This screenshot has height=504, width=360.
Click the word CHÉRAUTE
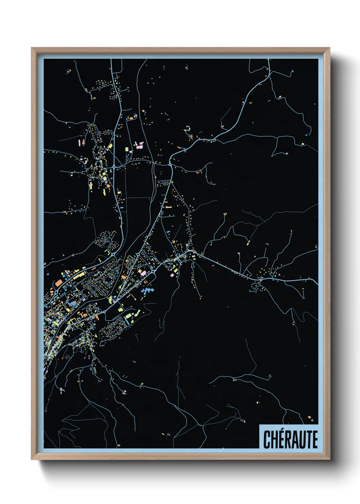(290, 439)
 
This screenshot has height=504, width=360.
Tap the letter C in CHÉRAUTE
(267, 440)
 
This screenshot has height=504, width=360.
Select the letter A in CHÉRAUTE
(295, 440)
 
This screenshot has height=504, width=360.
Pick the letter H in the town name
(275, 440)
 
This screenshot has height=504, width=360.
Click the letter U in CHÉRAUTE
(302, 440)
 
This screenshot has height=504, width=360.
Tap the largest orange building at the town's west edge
(59, 282)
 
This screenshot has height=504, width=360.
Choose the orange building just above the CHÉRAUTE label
(309, 417)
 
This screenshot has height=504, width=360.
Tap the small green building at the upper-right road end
(302, 144)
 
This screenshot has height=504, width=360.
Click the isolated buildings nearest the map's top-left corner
(69, 72)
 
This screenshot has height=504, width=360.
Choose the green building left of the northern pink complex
(127, 149)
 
